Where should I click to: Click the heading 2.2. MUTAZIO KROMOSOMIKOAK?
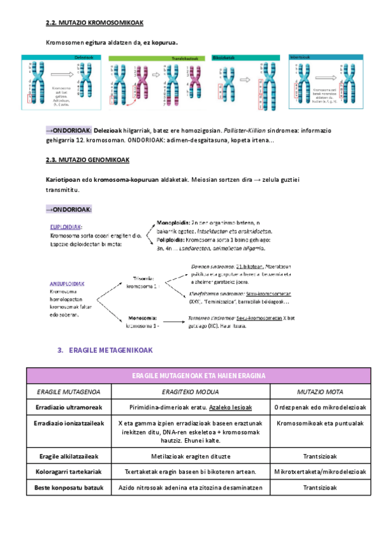(x=94, y=23)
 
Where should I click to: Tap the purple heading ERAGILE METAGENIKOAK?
(x=109, y=350)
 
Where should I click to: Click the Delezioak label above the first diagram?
(x=84, y=58)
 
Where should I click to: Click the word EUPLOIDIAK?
(x=66, y=227)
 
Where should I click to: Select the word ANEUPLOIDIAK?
(x=68, y=284)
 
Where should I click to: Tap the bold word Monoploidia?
(x=174, y=222)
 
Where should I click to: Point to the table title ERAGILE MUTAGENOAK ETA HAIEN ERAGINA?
(x=189, y=376)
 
